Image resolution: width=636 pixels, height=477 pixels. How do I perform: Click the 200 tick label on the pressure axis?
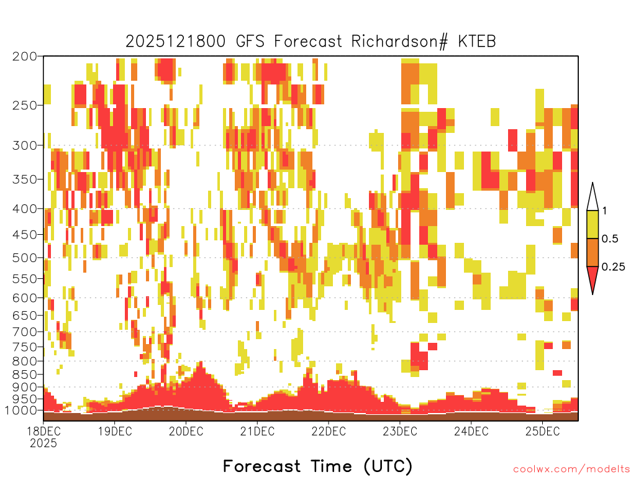(25, 57)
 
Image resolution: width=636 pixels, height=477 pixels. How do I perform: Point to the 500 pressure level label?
(25, 258)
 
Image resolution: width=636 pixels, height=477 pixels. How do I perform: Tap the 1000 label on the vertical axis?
(22, 411)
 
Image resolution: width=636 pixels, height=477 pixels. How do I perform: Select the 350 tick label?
(25, 179)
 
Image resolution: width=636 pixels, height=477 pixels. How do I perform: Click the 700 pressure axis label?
(25, 332)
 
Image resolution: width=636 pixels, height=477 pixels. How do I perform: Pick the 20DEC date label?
(186, 431)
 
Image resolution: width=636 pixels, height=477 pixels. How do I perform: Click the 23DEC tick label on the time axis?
(400, 431)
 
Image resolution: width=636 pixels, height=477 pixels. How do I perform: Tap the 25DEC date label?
(543, 431)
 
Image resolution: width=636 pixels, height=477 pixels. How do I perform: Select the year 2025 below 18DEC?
(43, 443)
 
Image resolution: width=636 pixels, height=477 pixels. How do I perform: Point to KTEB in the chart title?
(477, 42)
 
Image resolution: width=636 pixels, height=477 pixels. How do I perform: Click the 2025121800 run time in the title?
(175, 42)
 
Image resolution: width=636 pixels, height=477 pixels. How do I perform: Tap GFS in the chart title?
(250, 42)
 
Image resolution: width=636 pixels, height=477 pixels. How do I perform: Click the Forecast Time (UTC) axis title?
(317, 466)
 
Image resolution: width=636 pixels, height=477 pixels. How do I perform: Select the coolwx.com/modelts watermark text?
(571, 470)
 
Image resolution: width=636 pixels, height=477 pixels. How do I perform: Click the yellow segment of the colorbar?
(593, 224)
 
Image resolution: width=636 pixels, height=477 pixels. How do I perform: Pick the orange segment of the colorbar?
(593, 252)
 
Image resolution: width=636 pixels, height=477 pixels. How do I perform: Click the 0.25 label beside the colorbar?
(613, 267)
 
